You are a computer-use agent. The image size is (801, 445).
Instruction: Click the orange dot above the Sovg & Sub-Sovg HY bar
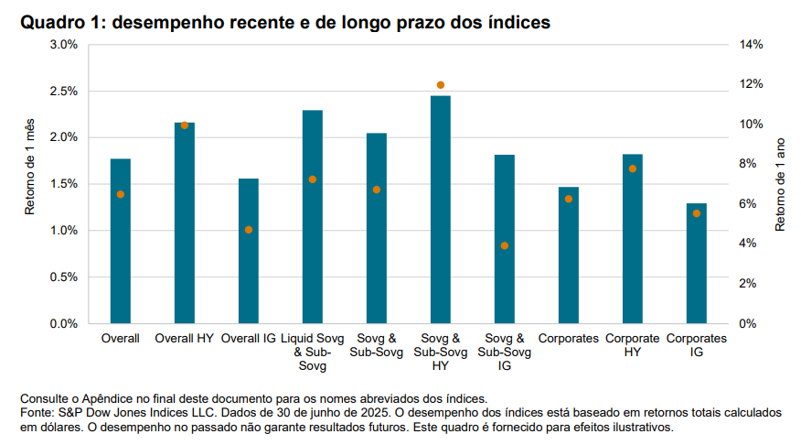point(441,85)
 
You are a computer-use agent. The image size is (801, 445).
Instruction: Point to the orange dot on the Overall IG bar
point(249,230)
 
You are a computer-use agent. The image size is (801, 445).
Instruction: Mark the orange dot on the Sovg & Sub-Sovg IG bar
point(505,245)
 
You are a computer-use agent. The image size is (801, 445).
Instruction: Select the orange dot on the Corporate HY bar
point(633,168)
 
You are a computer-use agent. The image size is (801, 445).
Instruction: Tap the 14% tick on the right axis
point(752,45)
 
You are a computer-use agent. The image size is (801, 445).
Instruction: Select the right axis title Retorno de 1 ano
point(780,184)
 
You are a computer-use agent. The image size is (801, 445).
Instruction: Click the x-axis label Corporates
point(569,339)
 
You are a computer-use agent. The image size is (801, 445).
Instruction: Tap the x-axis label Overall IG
point(249,339)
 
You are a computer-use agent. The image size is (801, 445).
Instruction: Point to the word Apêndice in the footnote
point(117,398)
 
